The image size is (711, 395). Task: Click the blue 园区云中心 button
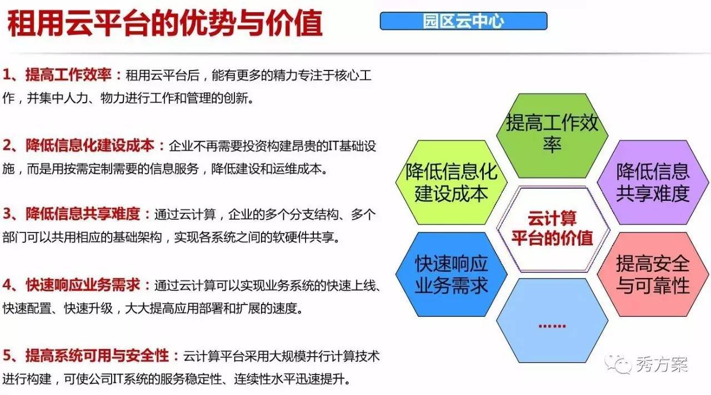pos(463,21)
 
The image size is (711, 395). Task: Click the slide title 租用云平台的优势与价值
pos(165,23)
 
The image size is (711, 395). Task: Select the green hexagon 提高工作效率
pos(552,136)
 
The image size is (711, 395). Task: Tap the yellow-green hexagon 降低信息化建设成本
pos(452,183)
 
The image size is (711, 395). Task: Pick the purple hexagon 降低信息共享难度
pos(653,183)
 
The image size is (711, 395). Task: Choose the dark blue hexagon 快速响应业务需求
pos(452,274)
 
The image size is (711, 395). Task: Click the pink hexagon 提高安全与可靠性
pos(653,274)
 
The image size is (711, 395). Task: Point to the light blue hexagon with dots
pos(552,321)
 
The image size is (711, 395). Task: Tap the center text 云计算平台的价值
pos(552,228)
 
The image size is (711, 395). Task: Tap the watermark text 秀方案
pos(662,364)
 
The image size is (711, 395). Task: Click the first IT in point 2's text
pos(333,146)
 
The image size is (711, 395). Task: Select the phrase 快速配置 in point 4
pos(27,308)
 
